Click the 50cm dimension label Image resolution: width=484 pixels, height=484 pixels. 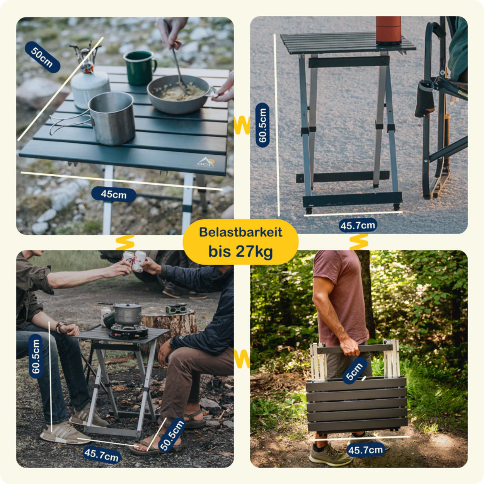(x=42, y=57)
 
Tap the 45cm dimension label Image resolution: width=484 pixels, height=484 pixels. (x=114, y=194)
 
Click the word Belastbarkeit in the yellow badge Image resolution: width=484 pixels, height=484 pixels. (x=240, y=232)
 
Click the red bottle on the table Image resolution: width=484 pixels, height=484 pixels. (x=388, y=30)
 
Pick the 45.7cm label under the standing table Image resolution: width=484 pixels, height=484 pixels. (x=358, y=225)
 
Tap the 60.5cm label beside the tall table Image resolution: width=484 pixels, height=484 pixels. (x=263, y=125)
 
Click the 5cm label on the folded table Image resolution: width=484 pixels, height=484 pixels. (x=355, y=370)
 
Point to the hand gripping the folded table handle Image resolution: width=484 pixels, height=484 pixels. (x=350, y=346)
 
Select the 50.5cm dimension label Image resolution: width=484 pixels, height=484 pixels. (x=172, y=435)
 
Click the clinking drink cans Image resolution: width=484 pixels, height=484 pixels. (x=134, y=261)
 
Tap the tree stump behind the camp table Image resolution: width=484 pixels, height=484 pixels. (x=169, y=323)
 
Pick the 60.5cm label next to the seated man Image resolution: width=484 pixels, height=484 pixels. (x=36, y=357)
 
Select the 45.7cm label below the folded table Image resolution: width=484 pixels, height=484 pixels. (x=365, y=450)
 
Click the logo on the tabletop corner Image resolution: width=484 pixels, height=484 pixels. (x=205, y=163)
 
